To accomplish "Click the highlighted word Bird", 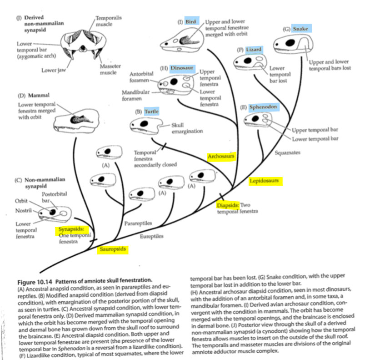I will (x=190, y=21).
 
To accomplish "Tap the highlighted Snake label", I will (x=300, y=29).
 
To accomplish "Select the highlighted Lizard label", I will (x=254, y=49).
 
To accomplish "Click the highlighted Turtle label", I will (x=151, y=111).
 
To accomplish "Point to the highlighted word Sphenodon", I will (x=263, y=107).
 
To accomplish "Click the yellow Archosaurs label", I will (x=221, y=157).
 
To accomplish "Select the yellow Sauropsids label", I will (x=113, y=249).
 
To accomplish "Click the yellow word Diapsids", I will (x=227, y=205).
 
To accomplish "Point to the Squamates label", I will (x=287, y=152).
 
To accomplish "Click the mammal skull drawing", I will (x=75, y=119).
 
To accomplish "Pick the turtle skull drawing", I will (x=145, y=125).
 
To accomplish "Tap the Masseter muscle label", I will (x=110, y=69).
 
